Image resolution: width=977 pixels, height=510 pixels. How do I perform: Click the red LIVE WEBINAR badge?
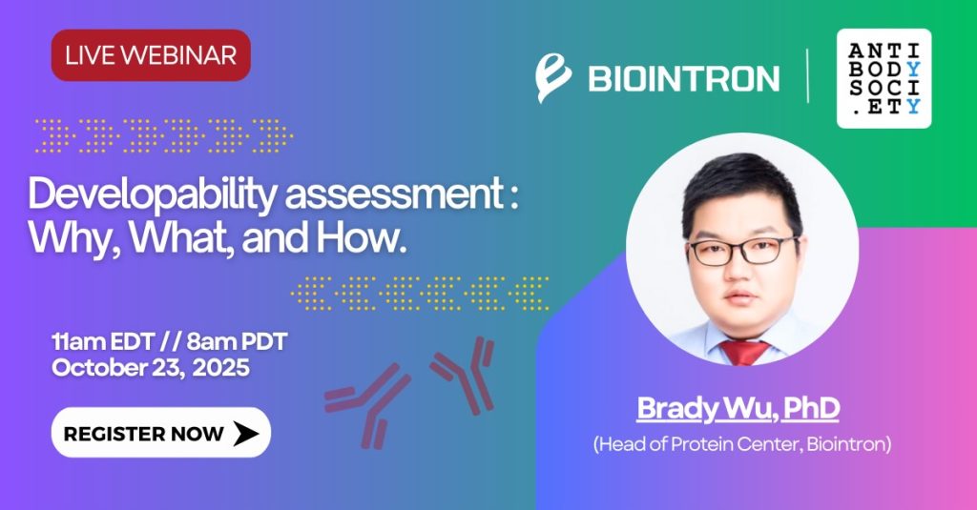coord(151,54)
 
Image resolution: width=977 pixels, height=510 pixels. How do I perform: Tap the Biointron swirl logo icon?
coord(552,78)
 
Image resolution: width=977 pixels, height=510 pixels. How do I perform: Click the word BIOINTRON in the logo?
coord(683,79)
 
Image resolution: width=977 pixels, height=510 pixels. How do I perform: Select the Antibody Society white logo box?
coord(883,78)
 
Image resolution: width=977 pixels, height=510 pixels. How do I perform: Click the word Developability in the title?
coord(152,194)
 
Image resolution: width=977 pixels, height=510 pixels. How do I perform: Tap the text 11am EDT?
coord(103,341)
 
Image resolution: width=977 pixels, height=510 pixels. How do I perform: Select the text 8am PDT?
coord(237,341)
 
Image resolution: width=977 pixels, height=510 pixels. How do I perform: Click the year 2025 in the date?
coord(220,367)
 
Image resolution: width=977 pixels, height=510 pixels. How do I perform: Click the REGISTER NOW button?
coord(160,433)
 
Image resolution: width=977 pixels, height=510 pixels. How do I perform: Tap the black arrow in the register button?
coord(245,434)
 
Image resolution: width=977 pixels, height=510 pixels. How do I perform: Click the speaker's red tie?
coord(744,352)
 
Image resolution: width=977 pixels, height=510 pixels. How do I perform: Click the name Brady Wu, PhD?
coord(738,409)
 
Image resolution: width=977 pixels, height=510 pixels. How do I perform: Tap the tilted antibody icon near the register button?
coord(367,405)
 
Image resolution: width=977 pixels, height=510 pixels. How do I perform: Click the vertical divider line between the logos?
coord(808,76)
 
